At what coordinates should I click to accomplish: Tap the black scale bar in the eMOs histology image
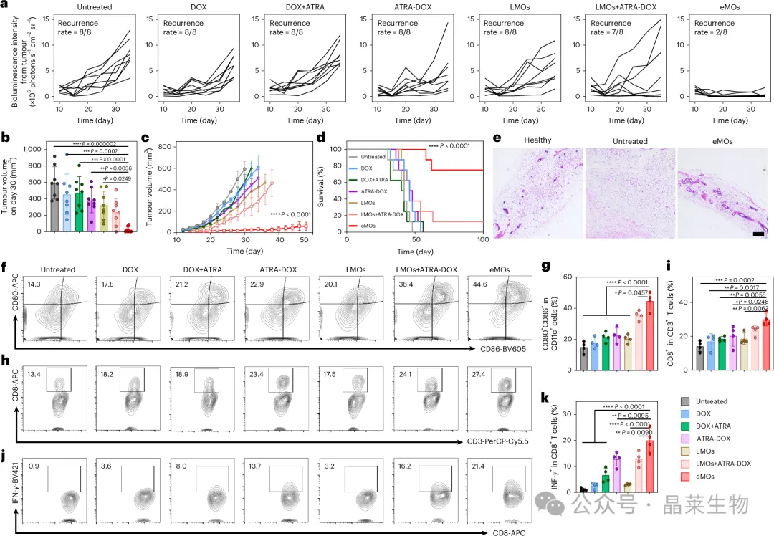[758, 233]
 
